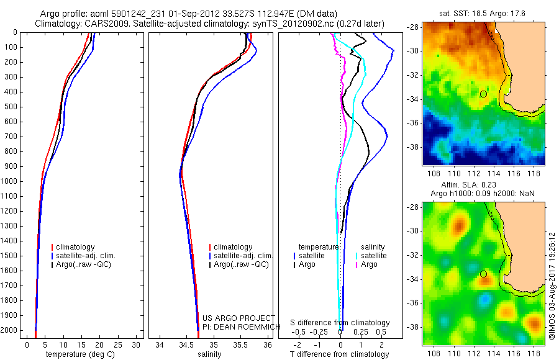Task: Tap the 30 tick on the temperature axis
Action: pos(137,344)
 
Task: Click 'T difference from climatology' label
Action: pos(341,354)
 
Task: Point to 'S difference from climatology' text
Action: pos(340,323)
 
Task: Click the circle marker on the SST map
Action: pos(483,94)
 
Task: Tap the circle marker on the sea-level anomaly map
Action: pos(483,274)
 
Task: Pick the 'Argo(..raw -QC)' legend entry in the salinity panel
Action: pos(241,264)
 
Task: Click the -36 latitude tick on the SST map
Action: pos(414,123)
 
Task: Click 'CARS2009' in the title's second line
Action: pos(96,24)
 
